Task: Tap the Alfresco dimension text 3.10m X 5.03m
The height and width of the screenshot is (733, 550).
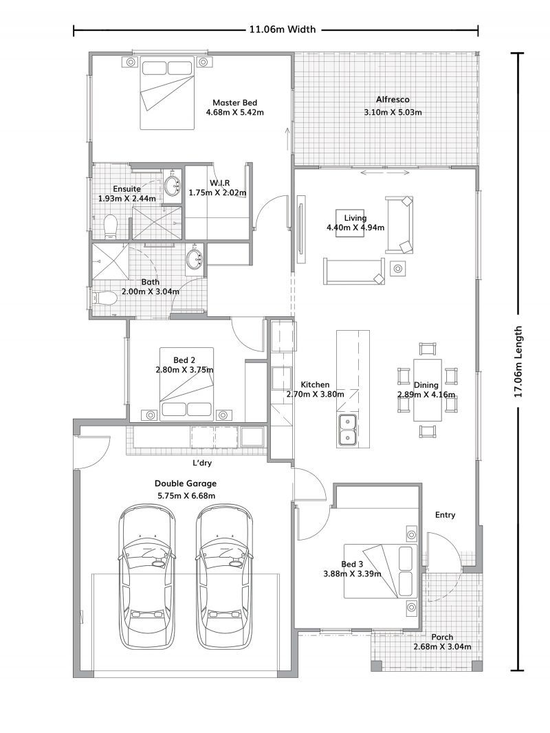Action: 393,112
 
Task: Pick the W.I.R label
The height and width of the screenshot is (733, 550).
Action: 220,182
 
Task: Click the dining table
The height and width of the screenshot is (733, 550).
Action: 427,389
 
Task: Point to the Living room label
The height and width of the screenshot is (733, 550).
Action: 355,218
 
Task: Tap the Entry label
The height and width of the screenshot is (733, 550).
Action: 445,514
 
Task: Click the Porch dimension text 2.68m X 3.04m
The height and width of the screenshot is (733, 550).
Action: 442,647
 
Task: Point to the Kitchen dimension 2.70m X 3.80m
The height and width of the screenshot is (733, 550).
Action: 315,395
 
